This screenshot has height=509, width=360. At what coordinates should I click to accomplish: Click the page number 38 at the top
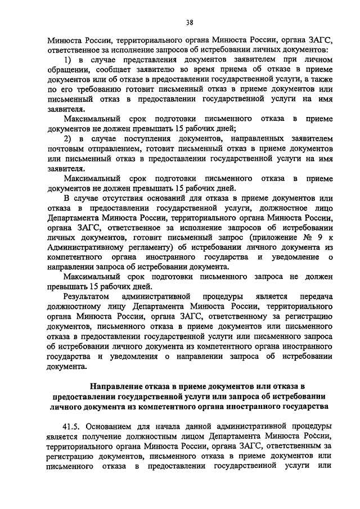(x=190, y=22)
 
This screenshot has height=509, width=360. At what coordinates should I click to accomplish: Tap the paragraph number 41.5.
(x=73, y=425)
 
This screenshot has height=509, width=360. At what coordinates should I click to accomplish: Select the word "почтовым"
(x=64, y=149)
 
